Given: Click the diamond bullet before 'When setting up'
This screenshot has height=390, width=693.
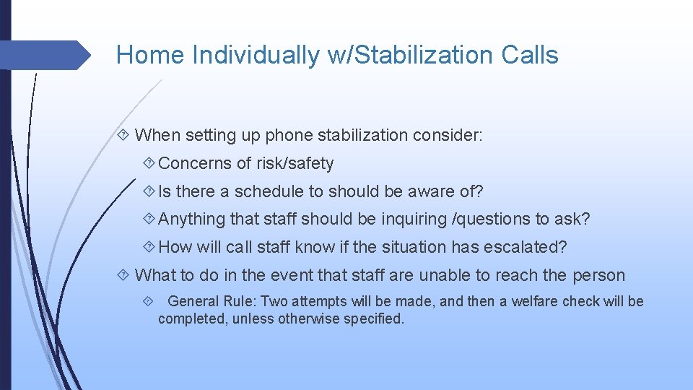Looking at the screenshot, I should coord(123,135).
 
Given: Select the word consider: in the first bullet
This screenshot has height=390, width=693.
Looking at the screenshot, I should coord(448,135).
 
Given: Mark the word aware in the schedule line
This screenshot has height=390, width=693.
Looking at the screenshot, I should coord(423,191).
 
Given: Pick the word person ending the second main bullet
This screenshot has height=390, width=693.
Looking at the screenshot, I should coord(598,275).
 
